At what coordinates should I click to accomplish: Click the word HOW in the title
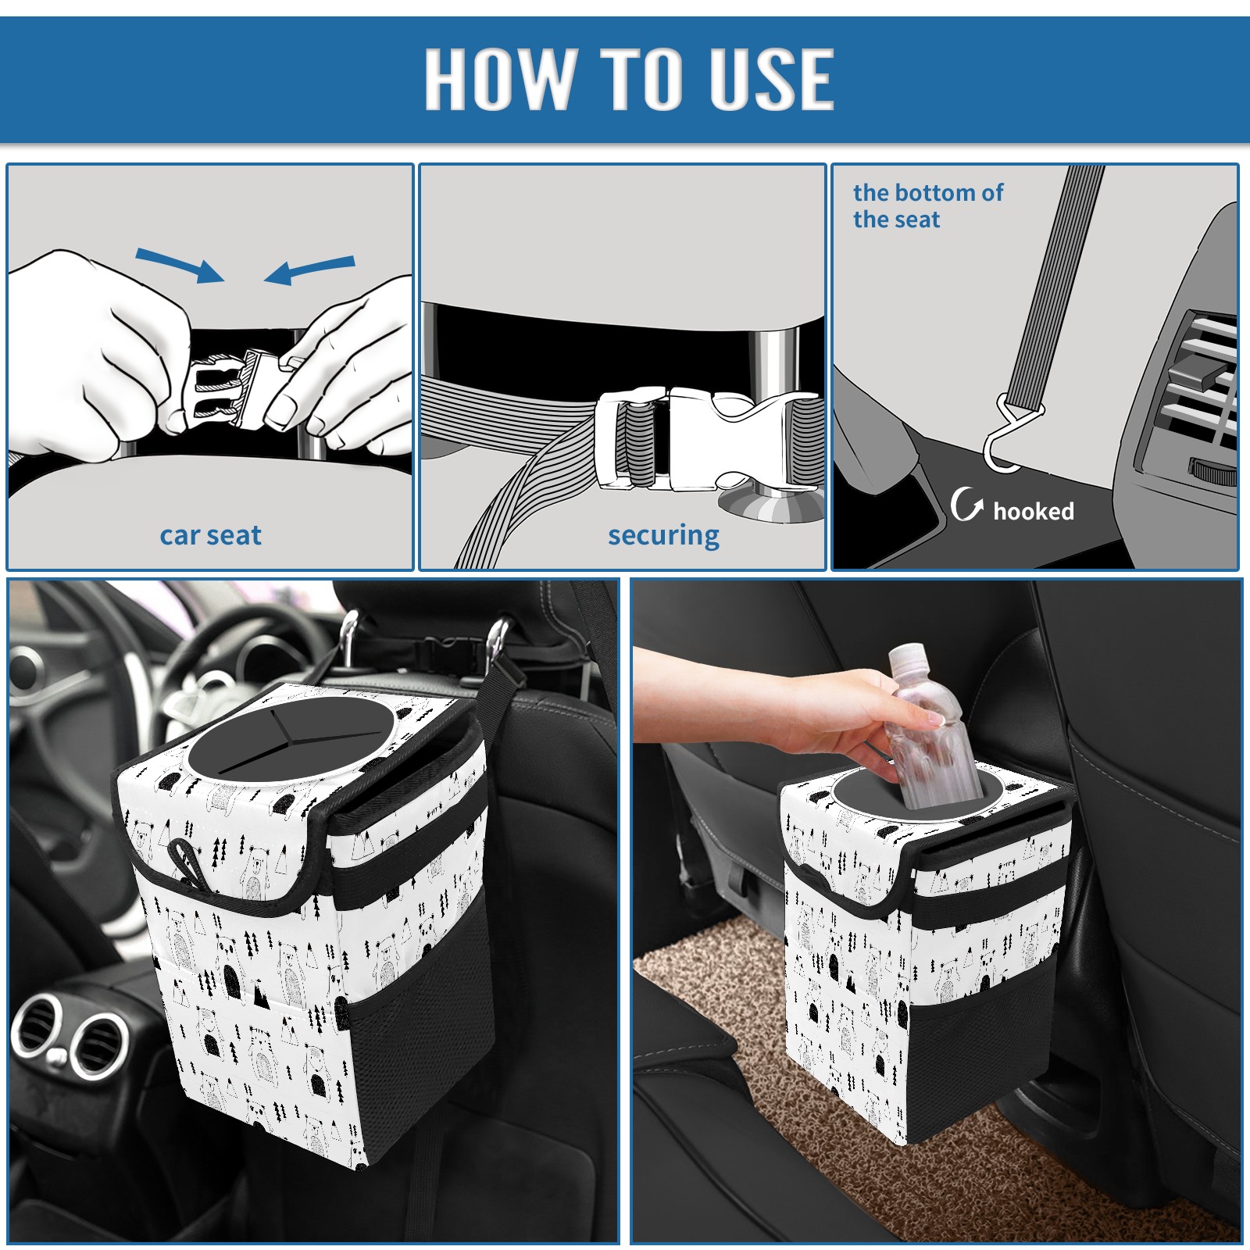coord(499,78)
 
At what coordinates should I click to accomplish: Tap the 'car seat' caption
coord(210,535)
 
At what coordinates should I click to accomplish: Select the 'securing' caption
coord(663,536)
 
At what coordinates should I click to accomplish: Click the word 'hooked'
coord(1034,511)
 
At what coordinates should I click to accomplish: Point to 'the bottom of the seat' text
coord(927,205)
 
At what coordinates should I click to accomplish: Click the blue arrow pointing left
coord(309,270)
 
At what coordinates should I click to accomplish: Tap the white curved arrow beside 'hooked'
coord(967,504)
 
